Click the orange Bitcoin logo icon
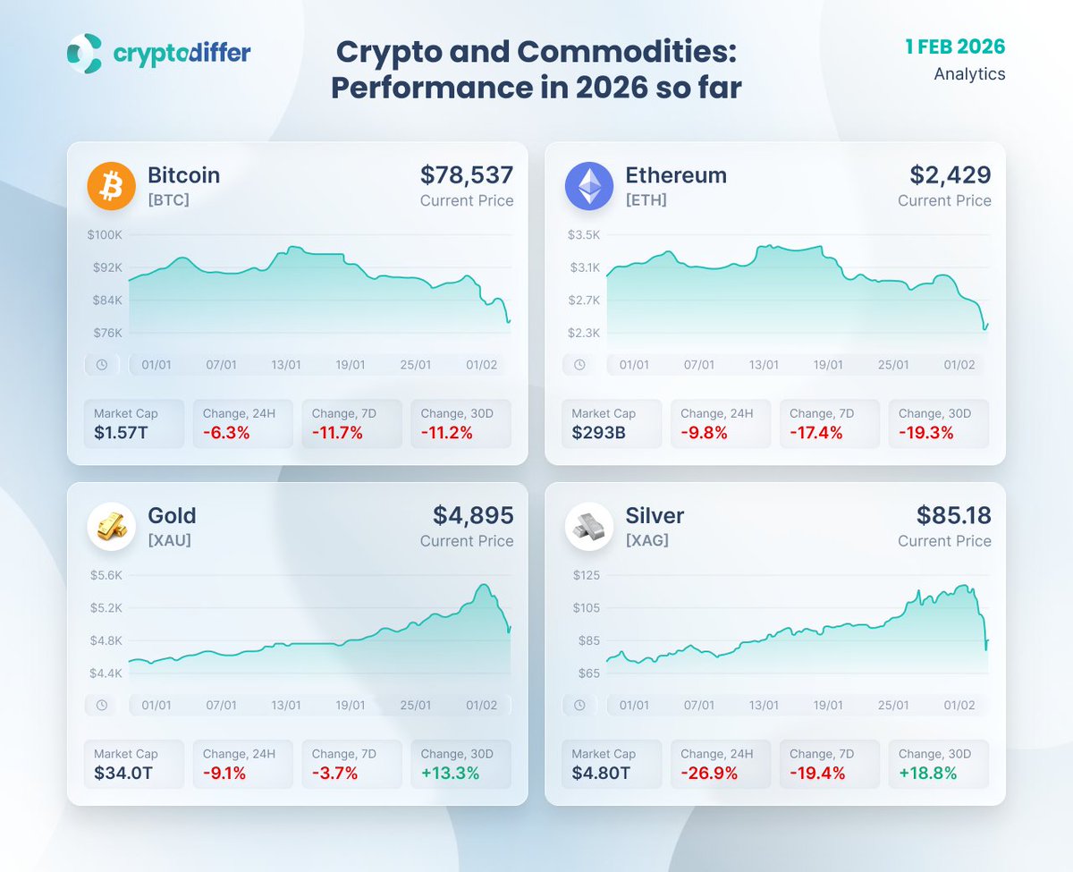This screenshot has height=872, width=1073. (111, 186)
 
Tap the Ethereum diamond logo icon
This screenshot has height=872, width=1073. (589, 186)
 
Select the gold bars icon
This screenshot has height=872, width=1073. (111, 527)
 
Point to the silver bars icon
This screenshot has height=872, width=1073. (589, 527)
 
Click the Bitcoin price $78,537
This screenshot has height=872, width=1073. (466, 174)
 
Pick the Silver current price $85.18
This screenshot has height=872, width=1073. (953, 515)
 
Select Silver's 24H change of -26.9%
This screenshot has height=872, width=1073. (708, 773)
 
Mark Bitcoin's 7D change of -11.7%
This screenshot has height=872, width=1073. (337, 433)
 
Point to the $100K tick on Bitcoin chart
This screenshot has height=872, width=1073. (105, 234)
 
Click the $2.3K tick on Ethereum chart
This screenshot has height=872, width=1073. (583, 333)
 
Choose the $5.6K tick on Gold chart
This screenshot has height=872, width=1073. (106, 575)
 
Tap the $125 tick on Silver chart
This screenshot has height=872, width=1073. (586, 575)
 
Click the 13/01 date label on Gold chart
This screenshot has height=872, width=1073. (286, 706)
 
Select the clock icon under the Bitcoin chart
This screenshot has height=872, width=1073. (102, 365)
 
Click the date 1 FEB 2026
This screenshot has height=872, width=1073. (955, 47)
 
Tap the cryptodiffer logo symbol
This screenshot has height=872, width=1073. (84, 54)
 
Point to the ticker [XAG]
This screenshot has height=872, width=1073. (647, 540)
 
